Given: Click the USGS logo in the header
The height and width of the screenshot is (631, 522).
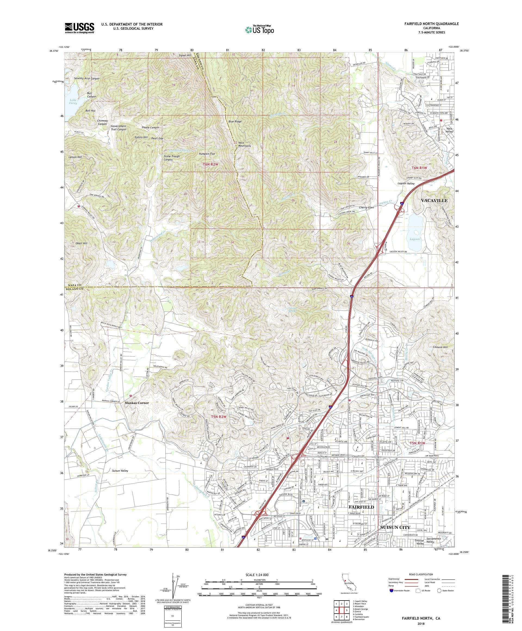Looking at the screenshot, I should pos(80,28).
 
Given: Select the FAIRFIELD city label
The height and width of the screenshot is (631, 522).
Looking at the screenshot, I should pos(361,507).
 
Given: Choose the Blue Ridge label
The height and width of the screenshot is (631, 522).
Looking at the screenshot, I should pos(235,122).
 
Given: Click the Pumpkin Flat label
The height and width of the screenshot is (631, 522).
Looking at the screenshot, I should pos(207,154).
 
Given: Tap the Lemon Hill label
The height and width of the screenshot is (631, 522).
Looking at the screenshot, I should pos(75,157).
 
